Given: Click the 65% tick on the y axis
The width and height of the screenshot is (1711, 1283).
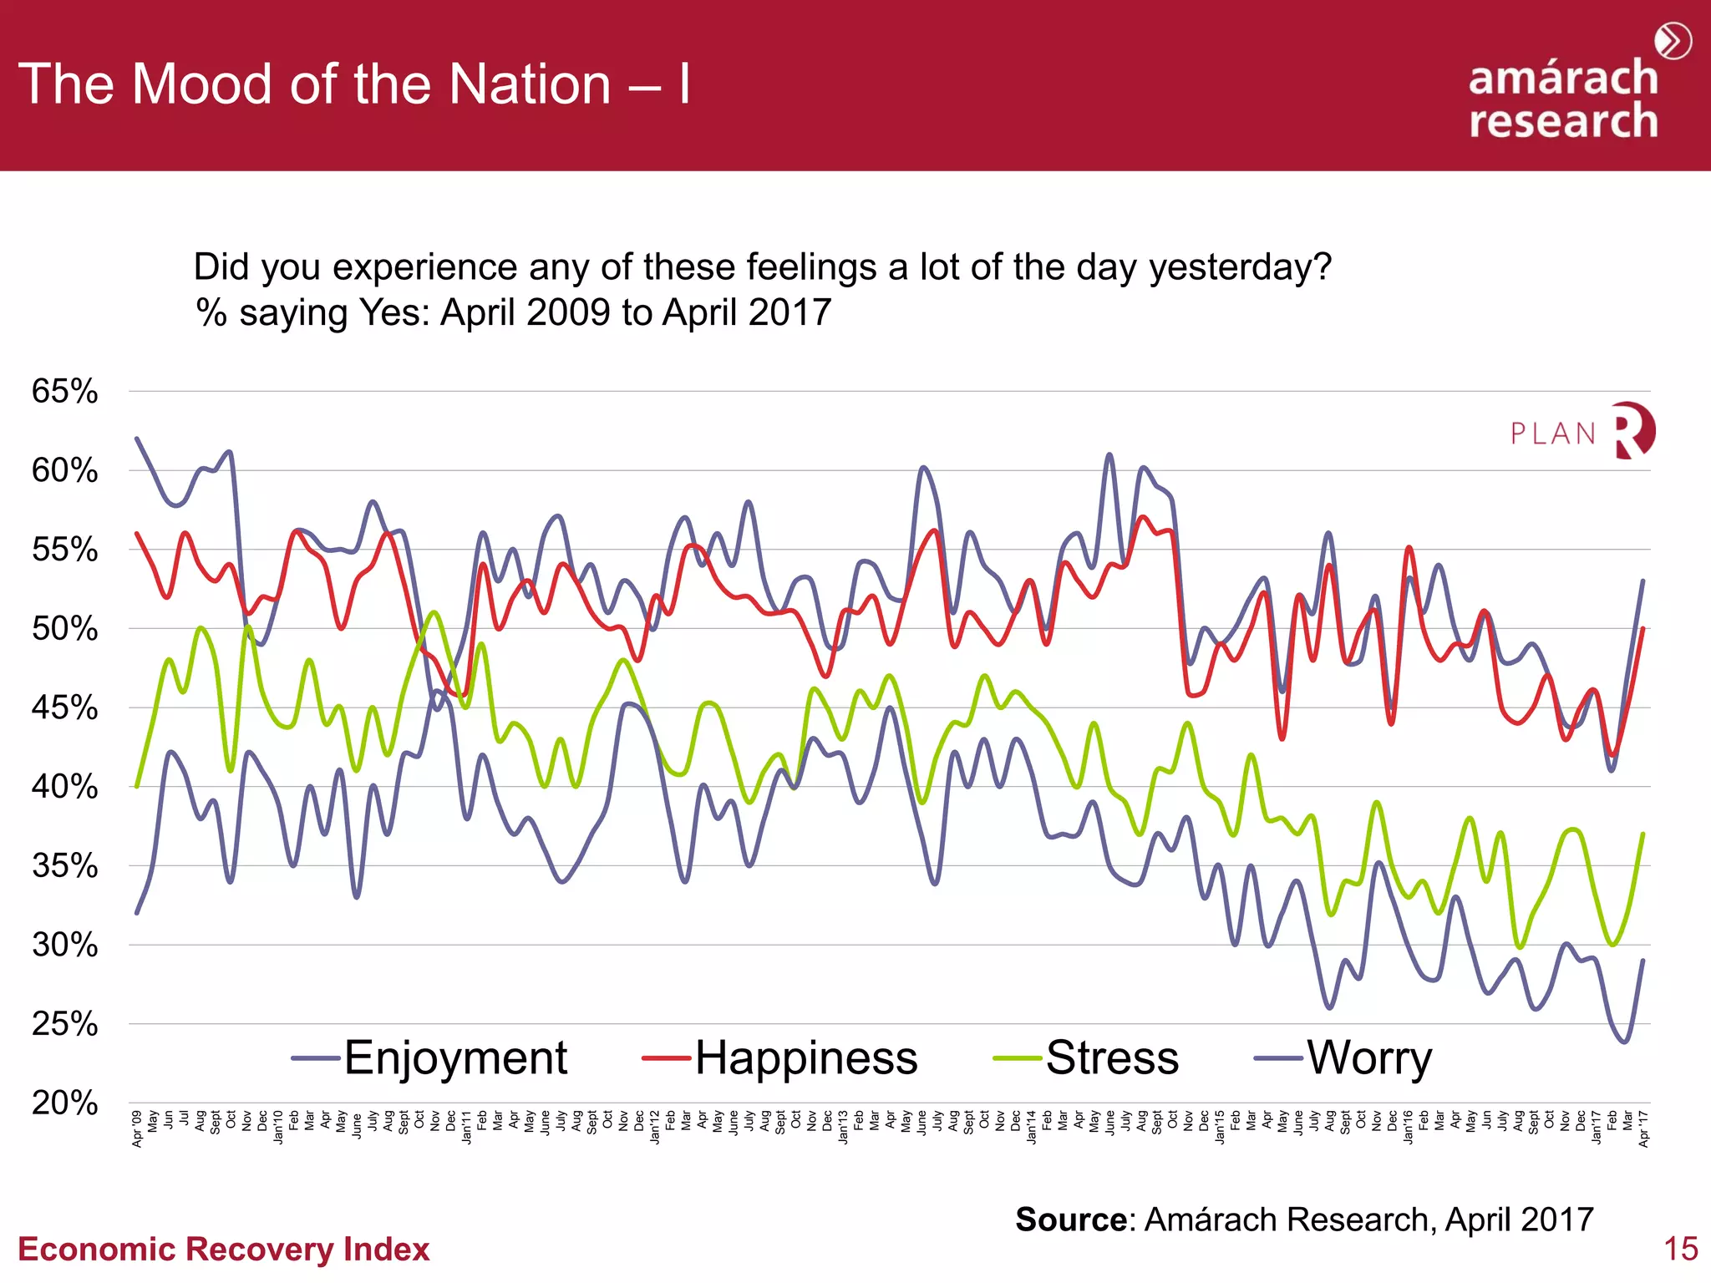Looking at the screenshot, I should click(x=65, y=391).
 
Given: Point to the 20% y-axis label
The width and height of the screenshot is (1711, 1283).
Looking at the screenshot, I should click(x=65, y=1103).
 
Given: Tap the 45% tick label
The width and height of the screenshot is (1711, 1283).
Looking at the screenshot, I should click(x=65, y=707).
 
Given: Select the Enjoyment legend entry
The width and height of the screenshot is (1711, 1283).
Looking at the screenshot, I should click(x=455, y=1057).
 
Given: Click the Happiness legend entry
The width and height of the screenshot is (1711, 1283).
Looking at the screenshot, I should click(x=806, y=1057).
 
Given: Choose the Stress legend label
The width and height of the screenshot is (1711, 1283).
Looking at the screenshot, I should click(x=1112, y=1057).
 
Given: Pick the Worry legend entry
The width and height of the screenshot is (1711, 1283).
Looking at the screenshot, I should click(x=1368, y=1057).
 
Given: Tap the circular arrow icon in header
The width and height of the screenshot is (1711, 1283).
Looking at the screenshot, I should click(x=1673, y=41).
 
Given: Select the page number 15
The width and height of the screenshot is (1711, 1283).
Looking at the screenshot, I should click(x=1680, y=1249).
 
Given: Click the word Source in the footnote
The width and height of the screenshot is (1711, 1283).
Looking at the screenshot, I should click(x=1071, y=1220).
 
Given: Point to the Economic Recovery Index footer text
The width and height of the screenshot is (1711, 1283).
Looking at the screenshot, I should click(x=224, y=1249).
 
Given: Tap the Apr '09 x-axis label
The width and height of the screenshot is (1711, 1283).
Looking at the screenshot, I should click(x=138, y=1128).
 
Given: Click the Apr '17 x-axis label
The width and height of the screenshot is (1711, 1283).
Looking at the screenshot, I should click(x=1643, y=1128).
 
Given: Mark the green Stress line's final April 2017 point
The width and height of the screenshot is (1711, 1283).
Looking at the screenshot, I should click(x=1643, y=834).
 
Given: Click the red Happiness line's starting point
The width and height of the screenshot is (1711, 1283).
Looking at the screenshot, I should click(x=137, y=533).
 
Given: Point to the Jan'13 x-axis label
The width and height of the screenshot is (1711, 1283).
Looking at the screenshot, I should click(x=844, y=1127).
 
